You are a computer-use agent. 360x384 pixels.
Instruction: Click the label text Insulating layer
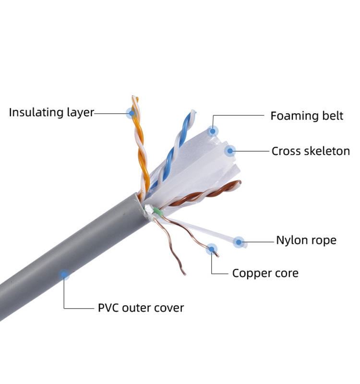(51, 113)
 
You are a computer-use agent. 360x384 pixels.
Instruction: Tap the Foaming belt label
(307, 116)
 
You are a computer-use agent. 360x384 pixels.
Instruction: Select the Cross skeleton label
(311, 151)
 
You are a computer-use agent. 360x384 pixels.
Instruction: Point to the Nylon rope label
(306, 240)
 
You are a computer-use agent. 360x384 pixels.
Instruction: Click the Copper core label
(265, 273)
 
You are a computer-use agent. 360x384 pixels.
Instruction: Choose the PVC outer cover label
(141, 307)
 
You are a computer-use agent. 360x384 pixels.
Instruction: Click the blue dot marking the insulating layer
(131, 113)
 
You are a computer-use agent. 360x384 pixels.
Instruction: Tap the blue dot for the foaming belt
(212, 130)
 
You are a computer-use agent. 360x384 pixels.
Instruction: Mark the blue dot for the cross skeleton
(230, 151)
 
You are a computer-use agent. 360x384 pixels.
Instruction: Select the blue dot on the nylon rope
(239, 241)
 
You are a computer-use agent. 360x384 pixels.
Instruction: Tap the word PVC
(108, 307)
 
